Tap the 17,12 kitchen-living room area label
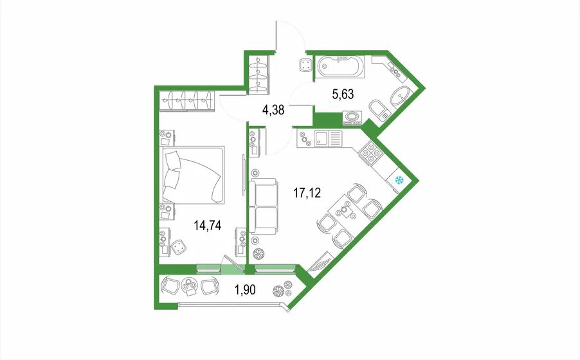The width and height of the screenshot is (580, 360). click(307, 193)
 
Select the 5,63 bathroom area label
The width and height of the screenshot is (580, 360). click(343, 94)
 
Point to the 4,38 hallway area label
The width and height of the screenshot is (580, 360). click(273, 110)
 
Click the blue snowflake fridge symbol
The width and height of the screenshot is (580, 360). click(399, 181)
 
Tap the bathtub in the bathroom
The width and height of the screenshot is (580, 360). click(341, 67)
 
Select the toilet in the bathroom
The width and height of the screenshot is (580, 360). click(379, 110)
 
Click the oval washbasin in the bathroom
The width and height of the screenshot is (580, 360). click(399, 96)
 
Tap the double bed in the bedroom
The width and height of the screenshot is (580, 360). click(192, 174)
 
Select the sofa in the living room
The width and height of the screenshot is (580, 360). click(264, 206)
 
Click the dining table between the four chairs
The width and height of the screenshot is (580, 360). click(345, 213)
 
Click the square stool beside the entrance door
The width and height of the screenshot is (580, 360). click(305, 66)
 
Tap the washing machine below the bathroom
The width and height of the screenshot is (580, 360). click(352, 119)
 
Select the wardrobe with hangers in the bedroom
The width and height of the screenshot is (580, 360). click(187, 101)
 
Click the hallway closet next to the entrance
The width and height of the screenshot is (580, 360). click(259, 73)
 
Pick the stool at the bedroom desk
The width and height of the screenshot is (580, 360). click(179, 246)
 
